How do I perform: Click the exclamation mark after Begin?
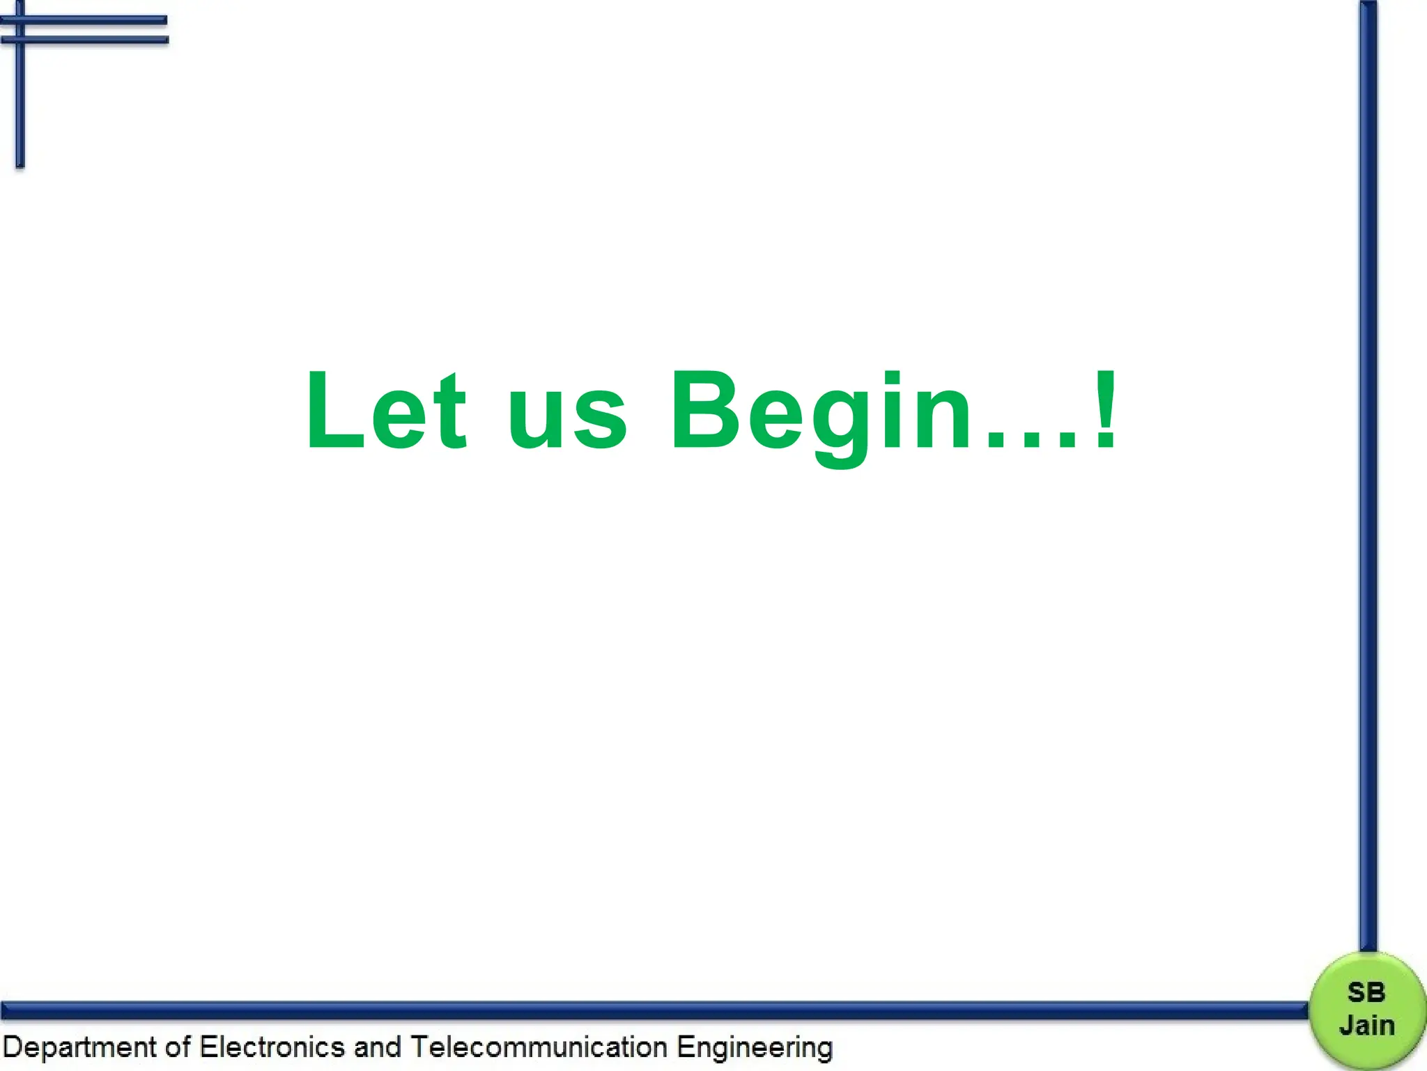pos(1105,410)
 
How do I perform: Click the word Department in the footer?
pos(79,1048)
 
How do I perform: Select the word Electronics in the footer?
pos(272,1047)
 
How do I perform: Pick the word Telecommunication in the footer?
pos(539,1047)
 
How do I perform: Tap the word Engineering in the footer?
pos(755,1048)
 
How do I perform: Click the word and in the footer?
pos(377,1047)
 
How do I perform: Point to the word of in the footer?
pos(178,1047)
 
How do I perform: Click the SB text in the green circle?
pos(1366,992)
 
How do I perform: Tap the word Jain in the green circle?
pos(1367,1025)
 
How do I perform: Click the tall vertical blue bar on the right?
pos(1368,474)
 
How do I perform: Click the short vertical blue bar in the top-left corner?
pos(20,98)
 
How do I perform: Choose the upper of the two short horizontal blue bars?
pos(91,20)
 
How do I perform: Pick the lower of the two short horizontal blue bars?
pos(91,40)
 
